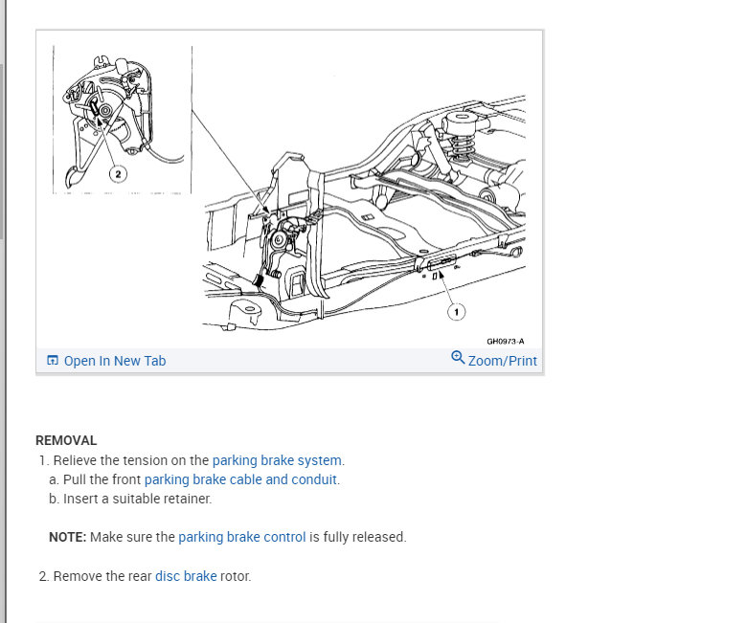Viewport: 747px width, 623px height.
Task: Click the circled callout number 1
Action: (458, 312)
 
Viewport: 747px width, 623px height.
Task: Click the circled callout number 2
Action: (119, 174)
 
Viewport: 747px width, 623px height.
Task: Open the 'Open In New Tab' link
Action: (114, 361)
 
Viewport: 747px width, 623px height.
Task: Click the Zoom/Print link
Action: (502, 361)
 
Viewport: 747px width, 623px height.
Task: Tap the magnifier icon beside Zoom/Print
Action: (458, 358)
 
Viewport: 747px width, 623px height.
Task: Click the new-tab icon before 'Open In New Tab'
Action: (53, 361)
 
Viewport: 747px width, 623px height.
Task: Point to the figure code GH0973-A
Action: (505, 341)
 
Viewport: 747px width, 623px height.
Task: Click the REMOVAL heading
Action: (66, 440)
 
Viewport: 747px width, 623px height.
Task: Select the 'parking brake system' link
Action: (277, 460)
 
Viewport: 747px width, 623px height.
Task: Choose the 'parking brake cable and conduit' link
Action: (240, 479)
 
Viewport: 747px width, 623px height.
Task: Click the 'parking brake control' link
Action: (242, 537)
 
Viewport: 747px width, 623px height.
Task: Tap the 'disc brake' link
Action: (186, 576)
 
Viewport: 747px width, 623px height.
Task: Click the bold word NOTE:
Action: (68, 537)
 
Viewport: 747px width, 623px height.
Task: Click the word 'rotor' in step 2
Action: (236, 576)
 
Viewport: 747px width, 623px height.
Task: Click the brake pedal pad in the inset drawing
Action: (74, 174)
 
